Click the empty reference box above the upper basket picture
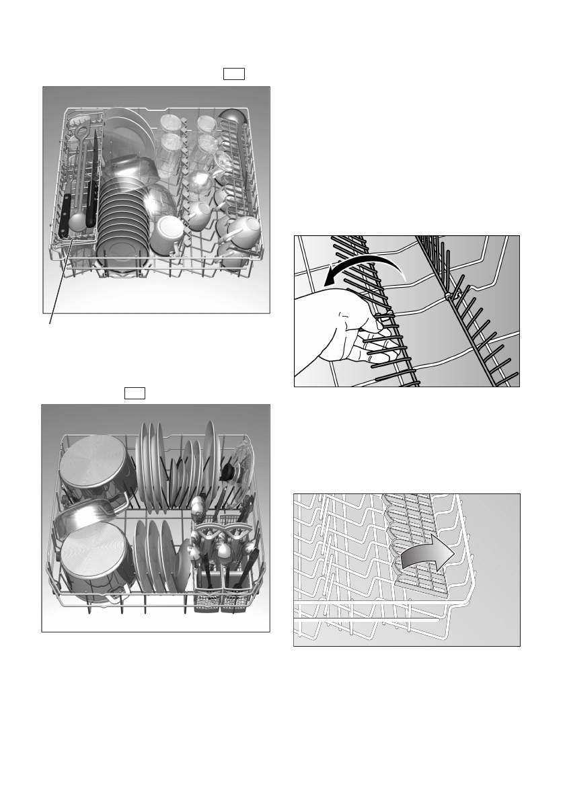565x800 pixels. tap(233, 74)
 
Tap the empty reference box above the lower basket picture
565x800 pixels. tap(135, 393)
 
